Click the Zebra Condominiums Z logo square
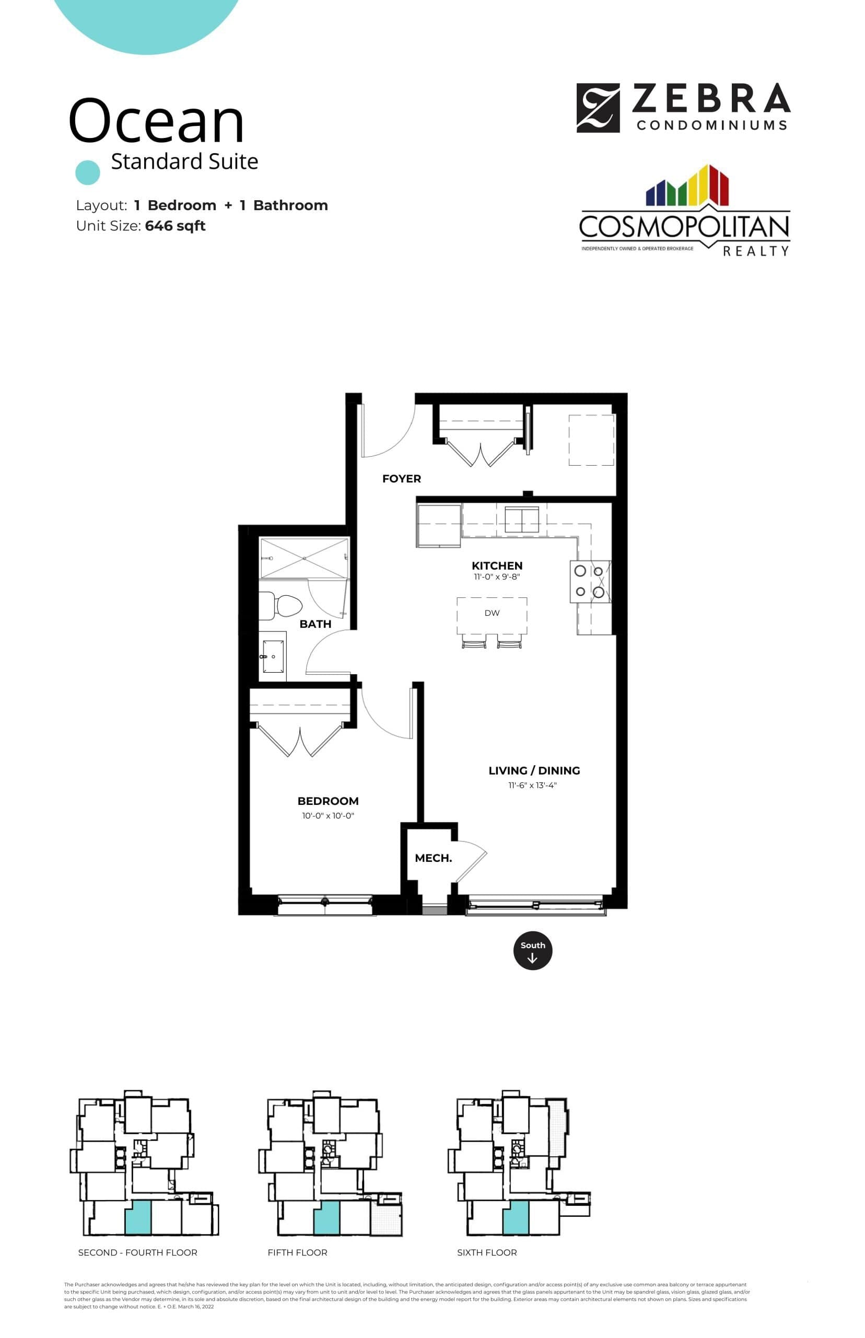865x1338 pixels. tap(598, 108)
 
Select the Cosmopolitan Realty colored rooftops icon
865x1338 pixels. tap(687, 186)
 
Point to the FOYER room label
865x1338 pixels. tap(401, 479)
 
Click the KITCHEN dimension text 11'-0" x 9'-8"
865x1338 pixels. tap(497, 576)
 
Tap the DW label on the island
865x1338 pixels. tap(492, 613)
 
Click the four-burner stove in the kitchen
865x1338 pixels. tap(590, 582)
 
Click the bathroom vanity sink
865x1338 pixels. tap(273, 656)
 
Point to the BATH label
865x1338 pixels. tap(315, 625)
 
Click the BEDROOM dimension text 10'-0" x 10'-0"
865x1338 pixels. tap(328, 815)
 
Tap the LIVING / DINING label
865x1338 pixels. tap(534, 771)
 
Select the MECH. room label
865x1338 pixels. tap(433, 858)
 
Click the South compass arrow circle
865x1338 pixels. tap(532, 951)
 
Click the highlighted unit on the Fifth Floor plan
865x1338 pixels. tap(326, 1218)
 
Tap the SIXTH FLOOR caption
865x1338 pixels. tap(486, 1253)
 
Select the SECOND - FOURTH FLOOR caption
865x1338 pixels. tap(137, 1253)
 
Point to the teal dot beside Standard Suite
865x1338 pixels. tap(88, 172)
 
